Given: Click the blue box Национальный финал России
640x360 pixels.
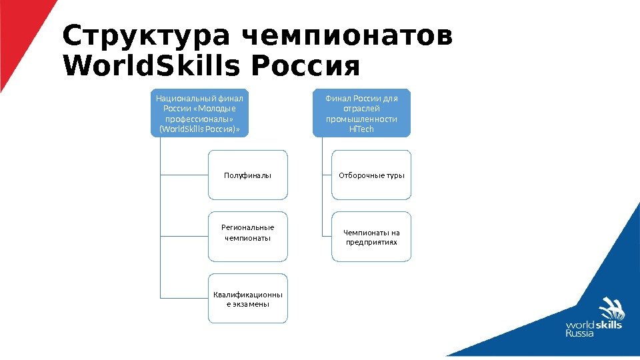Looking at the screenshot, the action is [199, 113].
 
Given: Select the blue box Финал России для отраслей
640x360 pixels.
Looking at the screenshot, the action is [362, 113].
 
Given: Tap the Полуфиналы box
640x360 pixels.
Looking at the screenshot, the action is [248, 175].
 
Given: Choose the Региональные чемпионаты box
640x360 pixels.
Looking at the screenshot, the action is [248, 233].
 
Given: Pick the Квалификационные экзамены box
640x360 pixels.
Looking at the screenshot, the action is [248, 299].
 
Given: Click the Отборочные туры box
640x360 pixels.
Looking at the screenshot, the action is [371, 175].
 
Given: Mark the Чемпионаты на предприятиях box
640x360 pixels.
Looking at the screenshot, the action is [371, 237].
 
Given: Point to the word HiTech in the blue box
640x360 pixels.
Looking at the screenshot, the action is [362, 129].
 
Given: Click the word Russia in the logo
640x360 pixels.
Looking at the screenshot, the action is [579, 333].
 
